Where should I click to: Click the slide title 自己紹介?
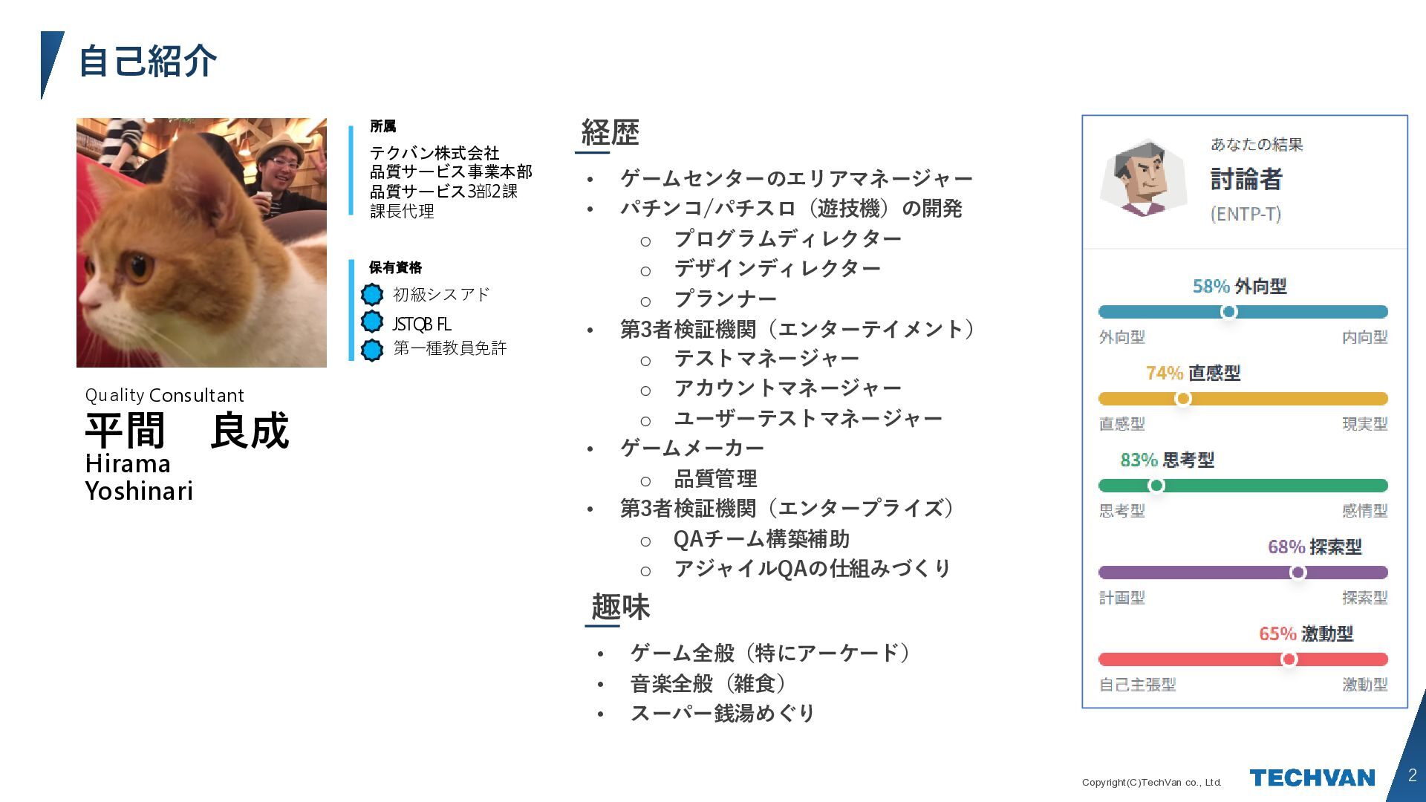click(x=147, y=61)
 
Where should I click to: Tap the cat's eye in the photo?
click(x=139, y=266)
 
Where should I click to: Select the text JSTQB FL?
click(x=421, y=324)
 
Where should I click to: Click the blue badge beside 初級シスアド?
click(x=372, y=295)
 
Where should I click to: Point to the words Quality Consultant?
click(x=164, y=395)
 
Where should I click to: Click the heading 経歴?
click(x=610, y=133)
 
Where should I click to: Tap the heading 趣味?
click(x=620, y=607)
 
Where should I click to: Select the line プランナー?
click(x=725, y=299)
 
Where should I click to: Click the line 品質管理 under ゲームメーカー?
click(x=715, y=478)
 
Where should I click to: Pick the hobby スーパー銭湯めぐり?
click(x=723, y=713)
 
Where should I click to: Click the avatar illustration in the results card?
click(x=1143, y=178)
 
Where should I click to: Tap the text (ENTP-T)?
click(x=1246, y=214)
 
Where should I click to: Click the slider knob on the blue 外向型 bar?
click(x=1228, y=312)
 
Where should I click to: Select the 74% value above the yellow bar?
click(x=1164, y=373)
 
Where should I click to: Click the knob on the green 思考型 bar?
click(x=1156, y=486)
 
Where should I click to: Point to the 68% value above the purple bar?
click(x=1286, y=547)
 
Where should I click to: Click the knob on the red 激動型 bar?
click(x=1289, y=659)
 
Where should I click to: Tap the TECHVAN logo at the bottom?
click(x=1312, y=777)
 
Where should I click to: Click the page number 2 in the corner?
click(x=1412, y=775)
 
